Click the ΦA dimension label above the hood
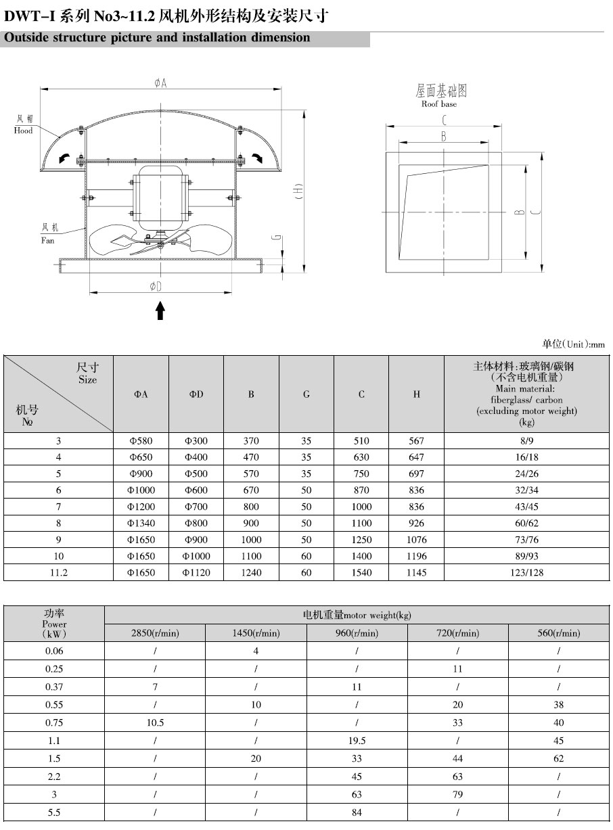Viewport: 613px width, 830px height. click(x=160, y=83)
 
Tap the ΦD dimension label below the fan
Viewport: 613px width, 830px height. click(x=156, y=287)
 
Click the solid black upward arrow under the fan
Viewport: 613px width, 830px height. click(x=160, y=310)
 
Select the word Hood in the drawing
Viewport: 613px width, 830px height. click(x=23, y=131)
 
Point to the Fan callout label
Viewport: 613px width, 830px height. click(x=48, y=240)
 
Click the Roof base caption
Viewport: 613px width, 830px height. click(x=439, y=104)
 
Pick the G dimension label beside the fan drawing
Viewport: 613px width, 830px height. click(x=275, y=237)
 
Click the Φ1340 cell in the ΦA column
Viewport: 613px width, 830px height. click(x=141, y=523)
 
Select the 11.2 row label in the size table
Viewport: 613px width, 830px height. click(x=59, y=572)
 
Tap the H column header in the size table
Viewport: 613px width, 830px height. click(x=417, y=394)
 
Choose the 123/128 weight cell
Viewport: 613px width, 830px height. click(x=526, y=572)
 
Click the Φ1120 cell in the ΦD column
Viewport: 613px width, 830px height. click(x=196, y=572)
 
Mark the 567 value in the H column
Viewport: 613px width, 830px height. click(x=417, y=440)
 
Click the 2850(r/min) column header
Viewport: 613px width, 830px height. click(x=155, y=633)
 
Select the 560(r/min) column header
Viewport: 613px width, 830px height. click(x=559, y=633)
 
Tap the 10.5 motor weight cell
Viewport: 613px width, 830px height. click(x=155, y=722)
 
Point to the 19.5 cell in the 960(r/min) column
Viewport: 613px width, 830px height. click(x=357, y=740)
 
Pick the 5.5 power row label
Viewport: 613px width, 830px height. click(x=54, y=812)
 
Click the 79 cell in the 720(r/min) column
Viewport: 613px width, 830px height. click(x=457, y=794)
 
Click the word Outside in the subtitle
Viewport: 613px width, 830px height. click(x=27, y=38)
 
